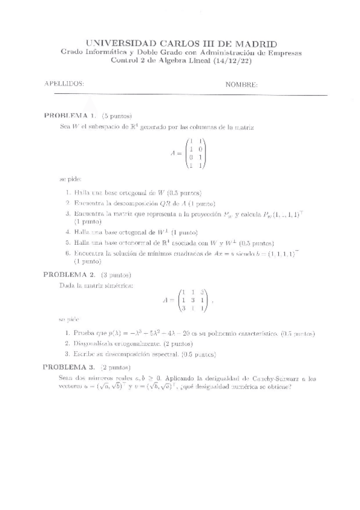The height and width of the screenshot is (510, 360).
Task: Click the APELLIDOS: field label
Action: [x=64, y=84]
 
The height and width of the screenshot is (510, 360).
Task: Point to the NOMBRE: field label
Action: [x=242, y=84]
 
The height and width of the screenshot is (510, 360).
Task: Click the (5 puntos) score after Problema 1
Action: [x=117, y=115]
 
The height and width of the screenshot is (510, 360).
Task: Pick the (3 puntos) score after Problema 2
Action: [x=116, y=274]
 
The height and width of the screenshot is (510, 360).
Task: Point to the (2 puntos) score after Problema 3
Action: [x=116, y=366]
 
